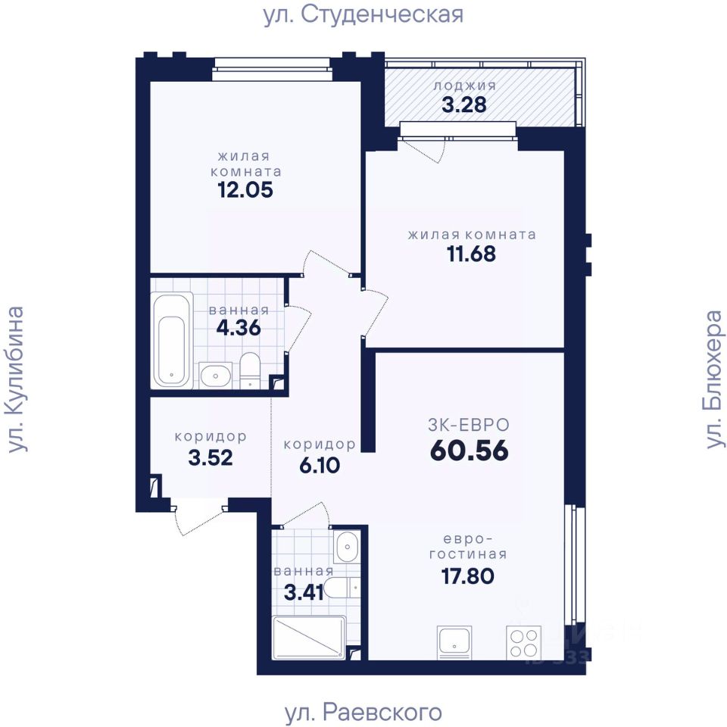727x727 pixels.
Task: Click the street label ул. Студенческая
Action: click(x=363, y=15)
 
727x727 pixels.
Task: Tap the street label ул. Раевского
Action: click(x=363, y=712)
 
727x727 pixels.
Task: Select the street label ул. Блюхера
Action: click(x=714, y=379)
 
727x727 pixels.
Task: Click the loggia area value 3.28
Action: click(x=464, y=105)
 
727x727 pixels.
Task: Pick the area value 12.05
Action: click(x=245, y=190)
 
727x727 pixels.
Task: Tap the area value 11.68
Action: click(x=471, y=254)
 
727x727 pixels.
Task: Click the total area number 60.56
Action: click(x=470, y=451)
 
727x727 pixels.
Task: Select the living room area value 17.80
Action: click(x=468, y=576)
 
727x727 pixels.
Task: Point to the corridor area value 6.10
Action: click(x=320, y=465)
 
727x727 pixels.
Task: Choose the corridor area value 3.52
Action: click(x=211, y=458)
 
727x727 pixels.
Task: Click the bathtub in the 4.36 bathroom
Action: click(x=172, y=340)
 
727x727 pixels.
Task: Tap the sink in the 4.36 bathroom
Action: click(x=214, y=375)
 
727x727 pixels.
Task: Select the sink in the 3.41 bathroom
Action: click(x=346, y=547)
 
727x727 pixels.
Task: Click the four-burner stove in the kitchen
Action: click(x=524, y=643)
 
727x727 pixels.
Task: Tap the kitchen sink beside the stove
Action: click(x=454, y=643)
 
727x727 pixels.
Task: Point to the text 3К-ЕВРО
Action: click(x=469, y=425)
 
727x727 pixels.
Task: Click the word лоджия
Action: click(x=464, y=86)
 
